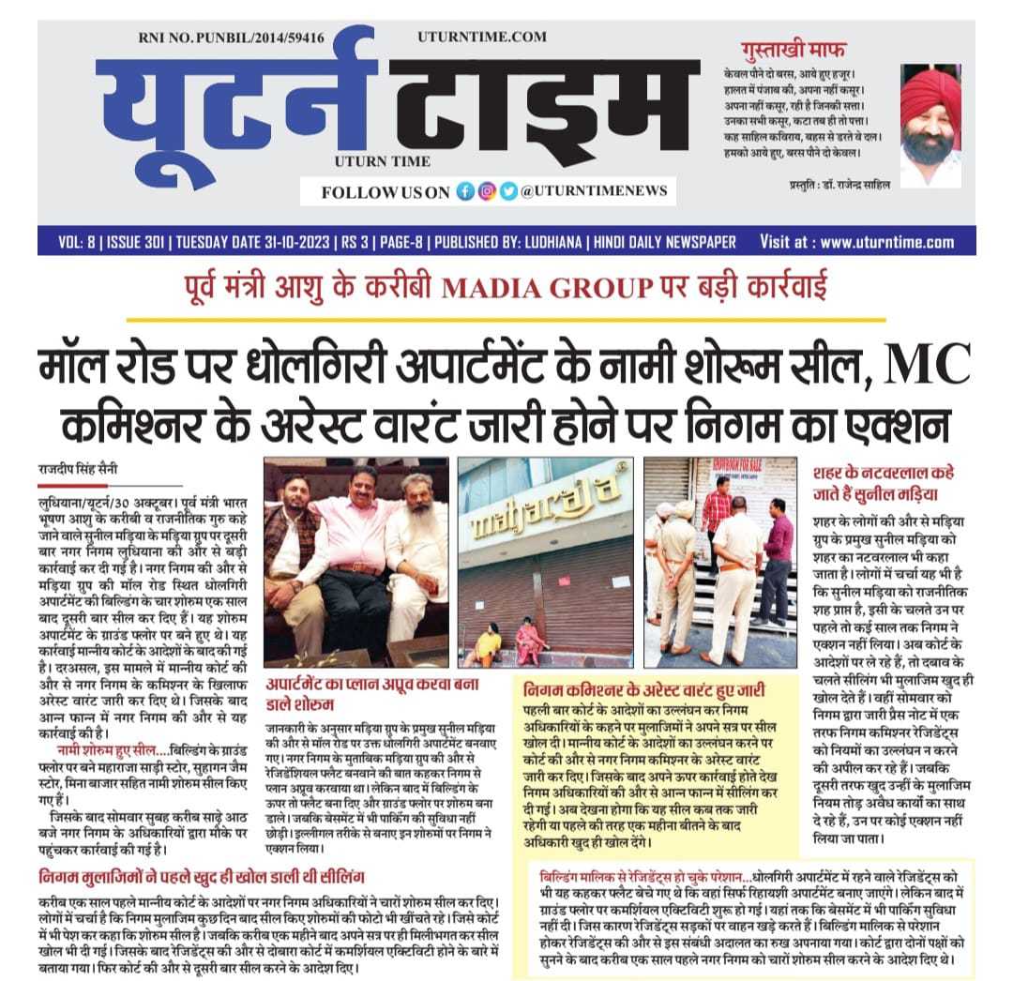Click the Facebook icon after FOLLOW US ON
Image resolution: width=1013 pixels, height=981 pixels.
pos(465,191)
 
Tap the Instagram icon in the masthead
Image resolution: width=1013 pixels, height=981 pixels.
pos(487,191)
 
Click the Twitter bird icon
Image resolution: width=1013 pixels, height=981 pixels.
pos(507,191)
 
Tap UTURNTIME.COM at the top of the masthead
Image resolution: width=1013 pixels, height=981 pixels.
pos(482,37)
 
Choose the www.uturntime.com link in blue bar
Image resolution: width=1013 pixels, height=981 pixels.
pos(886,242)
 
